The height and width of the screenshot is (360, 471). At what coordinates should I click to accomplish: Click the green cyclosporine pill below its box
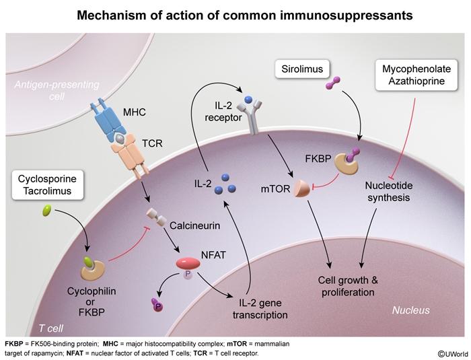(x=47, y=211)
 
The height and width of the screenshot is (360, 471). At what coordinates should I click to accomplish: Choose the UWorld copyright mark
(x=451, y=353)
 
